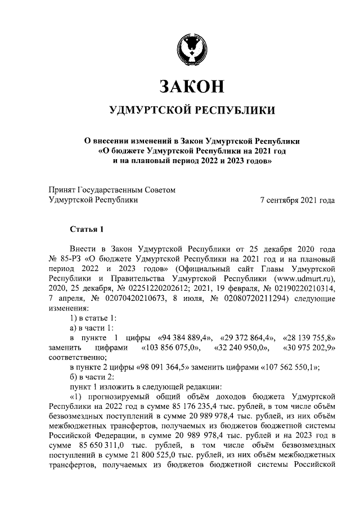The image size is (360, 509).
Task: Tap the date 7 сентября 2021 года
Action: point(298,200)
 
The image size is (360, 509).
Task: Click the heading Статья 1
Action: point(87,229)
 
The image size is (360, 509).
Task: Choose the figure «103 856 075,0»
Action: point(170,349)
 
